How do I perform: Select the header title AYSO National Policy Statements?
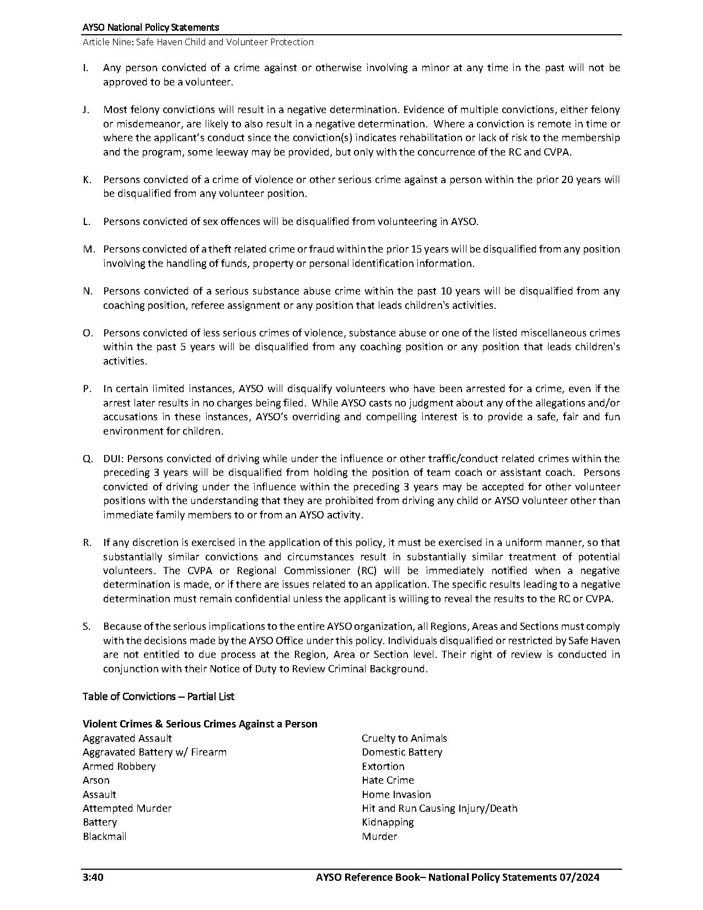[x=151, y=27]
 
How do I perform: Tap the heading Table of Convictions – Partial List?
[x=158, y=697]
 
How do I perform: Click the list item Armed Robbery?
[x=119, y=767]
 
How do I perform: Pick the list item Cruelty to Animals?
[x=404, y=738]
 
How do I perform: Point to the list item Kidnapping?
[x=388, y=822]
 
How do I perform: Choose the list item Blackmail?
[x=105, y=837]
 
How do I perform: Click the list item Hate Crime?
[x=388, y=780]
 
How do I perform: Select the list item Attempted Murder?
[x=127, y=809]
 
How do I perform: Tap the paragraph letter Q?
[x=87, y=459]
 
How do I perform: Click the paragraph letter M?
[x=88, y=249]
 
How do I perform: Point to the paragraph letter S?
[x=86, y=627]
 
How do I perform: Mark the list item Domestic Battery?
[x=402, y=752]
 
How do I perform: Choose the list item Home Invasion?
[x=396, y=795]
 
